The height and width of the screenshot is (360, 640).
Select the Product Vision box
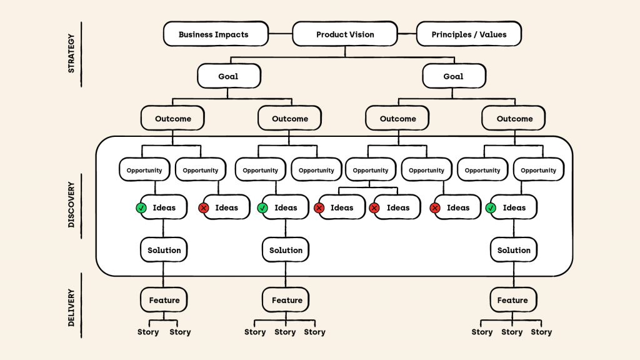[x=345, y=34]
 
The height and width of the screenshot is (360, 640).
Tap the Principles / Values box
[x=468, y=34]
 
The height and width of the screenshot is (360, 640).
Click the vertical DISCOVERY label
[x=71, y=204]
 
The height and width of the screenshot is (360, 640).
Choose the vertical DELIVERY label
[x=71, y=307]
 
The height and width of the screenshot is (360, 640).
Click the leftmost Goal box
[x=228, y=76]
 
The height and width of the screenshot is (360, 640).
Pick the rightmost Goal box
[x=453, y=76]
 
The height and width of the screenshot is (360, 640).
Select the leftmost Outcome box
[x=173, y=118]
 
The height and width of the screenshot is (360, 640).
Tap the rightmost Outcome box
[x=514, y=118]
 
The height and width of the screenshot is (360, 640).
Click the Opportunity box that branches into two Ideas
[x=371, y=170]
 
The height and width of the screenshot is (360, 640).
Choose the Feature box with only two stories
[x=164, y=300]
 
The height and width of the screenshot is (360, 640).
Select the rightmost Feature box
[x=512, y=300]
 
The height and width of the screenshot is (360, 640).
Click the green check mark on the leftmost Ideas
[x=141, y=208]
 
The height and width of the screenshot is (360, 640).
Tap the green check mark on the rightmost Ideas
[x=491, y=208]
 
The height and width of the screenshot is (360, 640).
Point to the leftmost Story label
[x=148, y=332]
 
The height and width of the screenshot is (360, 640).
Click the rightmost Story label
[x=541, y=332]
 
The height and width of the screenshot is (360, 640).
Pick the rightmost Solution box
[x=514, y=250]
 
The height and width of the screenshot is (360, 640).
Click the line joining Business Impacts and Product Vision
[x=281, y=34]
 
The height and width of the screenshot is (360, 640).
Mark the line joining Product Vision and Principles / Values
[x=407, y=34]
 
